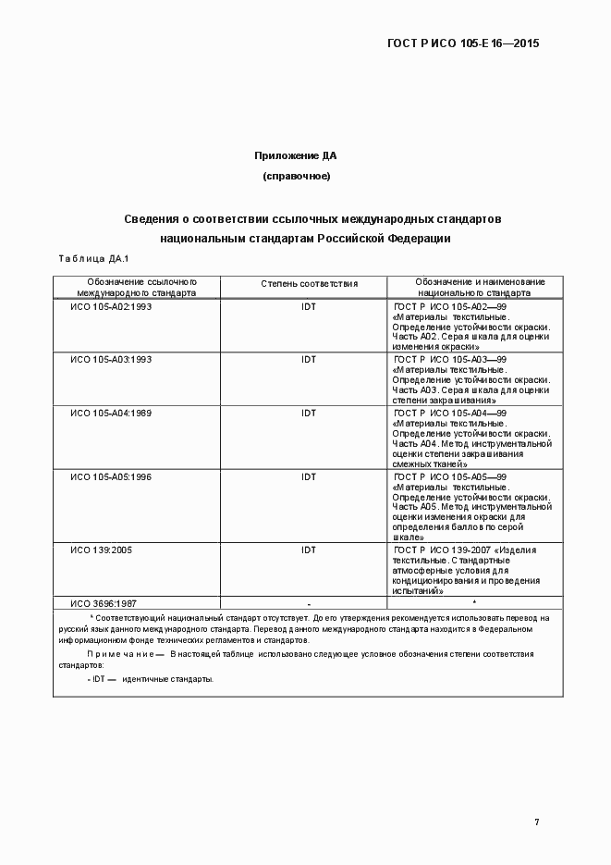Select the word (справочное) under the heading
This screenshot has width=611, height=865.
(297, 176)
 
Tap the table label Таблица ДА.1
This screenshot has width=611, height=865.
(93, 258)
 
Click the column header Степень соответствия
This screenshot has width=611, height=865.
(309, 285)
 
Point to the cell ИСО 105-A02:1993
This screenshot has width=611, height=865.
(111, 306)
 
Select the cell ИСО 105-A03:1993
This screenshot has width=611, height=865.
(111, 359)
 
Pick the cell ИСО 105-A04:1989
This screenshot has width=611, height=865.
(111, 413)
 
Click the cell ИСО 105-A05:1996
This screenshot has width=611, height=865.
(111, 476)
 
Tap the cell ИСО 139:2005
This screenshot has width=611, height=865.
(102, 550)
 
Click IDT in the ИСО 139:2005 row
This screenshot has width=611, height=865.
(309, 550)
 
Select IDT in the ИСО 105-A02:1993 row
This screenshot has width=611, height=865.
(309, 306)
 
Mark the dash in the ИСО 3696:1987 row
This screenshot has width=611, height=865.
(309, 603)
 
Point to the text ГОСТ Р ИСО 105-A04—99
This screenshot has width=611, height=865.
(450, 413)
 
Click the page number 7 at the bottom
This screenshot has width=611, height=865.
(536, 822)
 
